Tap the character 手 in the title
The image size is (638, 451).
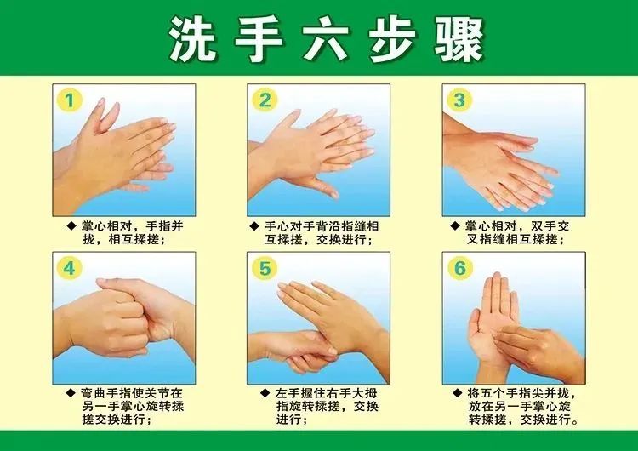[259, 39]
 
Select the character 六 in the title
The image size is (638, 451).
[326, 39]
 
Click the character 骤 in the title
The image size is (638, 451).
[459, 39]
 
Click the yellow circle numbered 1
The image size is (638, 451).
[70, 100]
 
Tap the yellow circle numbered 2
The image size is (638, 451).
[265, 100]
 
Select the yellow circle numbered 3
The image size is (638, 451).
[459, 100]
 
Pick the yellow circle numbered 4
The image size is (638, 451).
[70, 268]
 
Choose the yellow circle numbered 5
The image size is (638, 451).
[265, 268]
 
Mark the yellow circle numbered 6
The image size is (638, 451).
[459, 268]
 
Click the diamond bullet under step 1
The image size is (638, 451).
[71, 225]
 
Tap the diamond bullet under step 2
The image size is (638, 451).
[254, 225]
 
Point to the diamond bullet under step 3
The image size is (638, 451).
[456, 225]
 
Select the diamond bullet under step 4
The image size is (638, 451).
[71, 393]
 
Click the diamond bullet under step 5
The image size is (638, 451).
[265, 393]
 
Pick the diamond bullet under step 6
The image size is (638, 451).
[459, 393]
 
